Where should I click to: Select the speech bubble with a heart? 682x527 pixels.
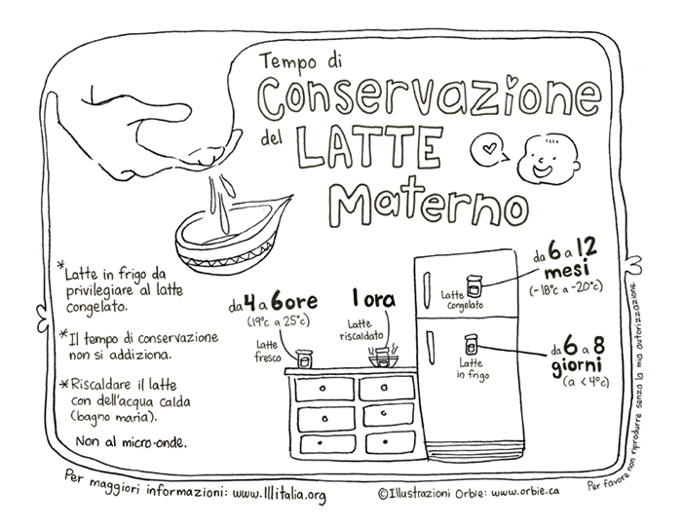[x=489, y=149]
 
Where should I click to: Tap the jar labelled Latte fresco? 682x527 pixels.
[x=304, y=358]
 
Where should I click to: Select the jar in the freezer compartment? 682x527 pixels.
[x=474, y=286]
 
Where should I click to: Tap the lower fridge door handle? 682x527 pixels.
[x=431, y=349]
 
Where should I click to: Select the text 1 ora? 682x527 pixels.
[x=374, y=300]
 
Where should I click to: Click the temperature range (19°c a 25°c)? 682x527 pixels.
[x=279, y=321]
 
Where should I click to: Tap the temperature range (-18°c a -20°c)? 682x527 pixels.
[x=566, y=288]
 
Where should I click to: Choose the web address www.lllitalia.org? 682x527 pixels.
[x=280, y=494]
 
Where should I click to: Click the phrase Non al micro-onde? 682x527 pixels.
[x=132, y=442]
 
